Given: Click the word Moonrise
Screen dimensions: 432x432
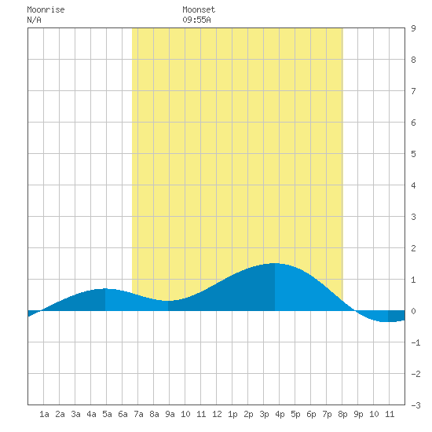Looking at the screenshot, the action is [46, 9].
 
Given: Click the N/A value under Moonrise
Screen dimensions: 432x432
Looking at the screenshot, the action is [34, 20].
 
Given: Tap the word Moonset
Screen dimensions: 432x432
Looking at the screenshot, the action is [199, 9].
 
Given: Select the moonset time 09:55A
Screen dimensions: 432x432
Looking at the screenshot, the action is [196, 20].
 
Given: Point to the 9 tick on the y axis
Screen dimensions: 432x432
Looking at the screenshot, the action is [413, 28].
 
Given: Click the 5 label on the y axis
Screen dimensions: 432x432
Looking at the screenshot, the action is [413, 154].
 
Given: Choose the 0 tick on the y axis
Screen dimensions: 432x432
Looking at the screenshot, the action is [413, 311].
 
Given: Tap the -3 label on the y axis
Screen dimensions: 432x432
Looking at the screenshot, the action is [416, 405].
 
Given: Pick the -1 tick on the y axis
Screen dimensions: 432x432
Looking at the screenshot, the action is [416, 342].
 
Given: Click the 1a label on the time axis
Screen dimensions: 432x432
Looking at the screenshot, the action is [44, 414].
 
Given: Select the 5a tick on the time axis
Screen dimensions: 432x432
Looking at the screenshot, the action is [107, 414].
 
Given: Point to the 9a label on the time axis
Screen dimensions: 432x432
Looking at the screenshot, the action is [170, 414].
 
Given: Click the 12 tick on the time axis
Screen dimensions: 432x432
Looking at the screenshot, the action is [217, 414].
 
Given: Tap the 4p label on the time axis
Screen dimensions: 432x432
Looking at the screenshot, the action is [280, 414].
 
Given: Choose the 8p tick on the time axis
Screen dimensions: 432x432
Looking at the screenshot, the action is [342, 414].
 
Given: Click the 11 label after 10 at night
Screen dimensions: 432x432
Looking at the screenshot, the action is [390, 414].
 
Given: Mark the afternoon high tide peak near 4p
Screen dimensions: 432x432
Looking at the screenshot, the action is [275, 263].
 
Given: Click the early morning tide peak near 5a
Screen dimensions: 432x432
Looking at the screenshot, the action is [105, 289].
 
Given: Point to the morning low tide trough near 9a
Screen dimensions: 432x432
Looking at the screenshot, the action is [168, 301].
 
